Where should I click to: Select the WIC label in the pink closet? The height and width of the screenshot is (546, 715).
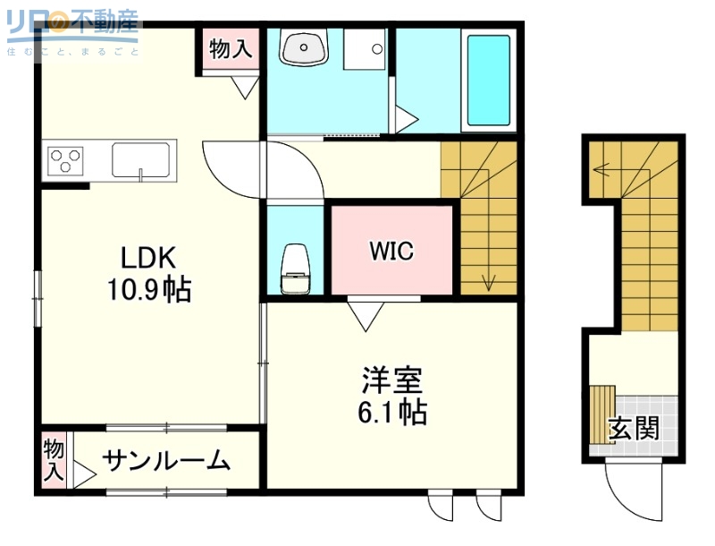(x=391, y=252)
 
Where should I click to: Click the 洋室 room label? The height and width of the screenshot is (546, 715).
(x=391, y=380)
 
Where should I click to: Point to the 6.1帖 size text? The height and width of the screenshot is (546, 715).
(x=391, y=412)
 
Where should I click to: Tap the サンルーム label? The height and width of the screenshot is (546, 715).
(x=166, y=461)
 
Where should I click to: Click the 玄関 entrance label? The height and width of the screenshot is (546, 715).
(x=634, y=429)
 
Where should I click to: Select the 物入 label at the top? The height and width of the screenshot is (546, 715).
(x=230, y=50)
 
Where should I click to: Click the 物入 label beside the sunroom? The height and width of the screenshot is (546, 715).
(x=54, y=458)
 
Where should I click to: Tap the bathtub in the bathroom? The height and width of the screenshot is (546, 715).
(x=488, y=81)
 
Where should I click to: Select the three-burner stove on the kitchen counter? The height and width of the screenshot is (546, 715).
(x=65, y=161)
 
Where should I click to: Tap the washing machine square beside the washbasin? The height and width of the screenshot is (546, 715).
(x=365, y=50)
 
